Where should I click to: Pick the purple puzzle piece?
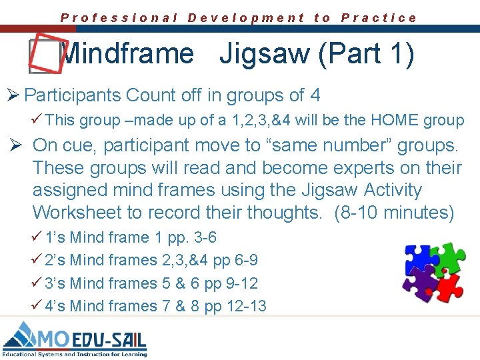coord(419,284)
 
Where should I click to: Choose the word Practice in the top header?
coord(379,18)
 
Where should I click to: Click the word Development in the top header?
coord(246,18)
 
